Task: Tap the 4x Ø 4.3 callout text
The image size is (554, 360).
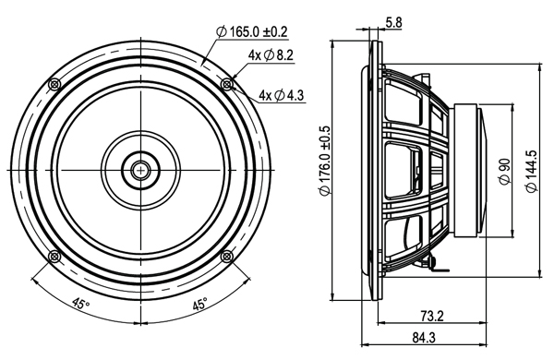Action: point(283,94)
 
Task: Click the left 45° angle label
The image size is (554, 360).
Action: point(81,304)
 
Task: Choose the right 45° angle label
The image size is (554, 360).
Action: point(199,304)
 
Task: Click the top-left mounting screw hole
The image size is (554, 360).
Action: point(54,85)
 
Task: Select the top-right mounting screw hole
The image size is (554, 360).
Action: point(227,85)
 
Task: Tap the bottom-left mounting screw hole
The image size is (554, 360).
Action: point(54,257)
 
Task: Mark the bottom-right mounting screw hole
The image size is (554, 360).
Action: point(227,257)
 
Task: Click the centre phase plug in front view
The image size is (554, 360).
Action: point(140,171)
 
